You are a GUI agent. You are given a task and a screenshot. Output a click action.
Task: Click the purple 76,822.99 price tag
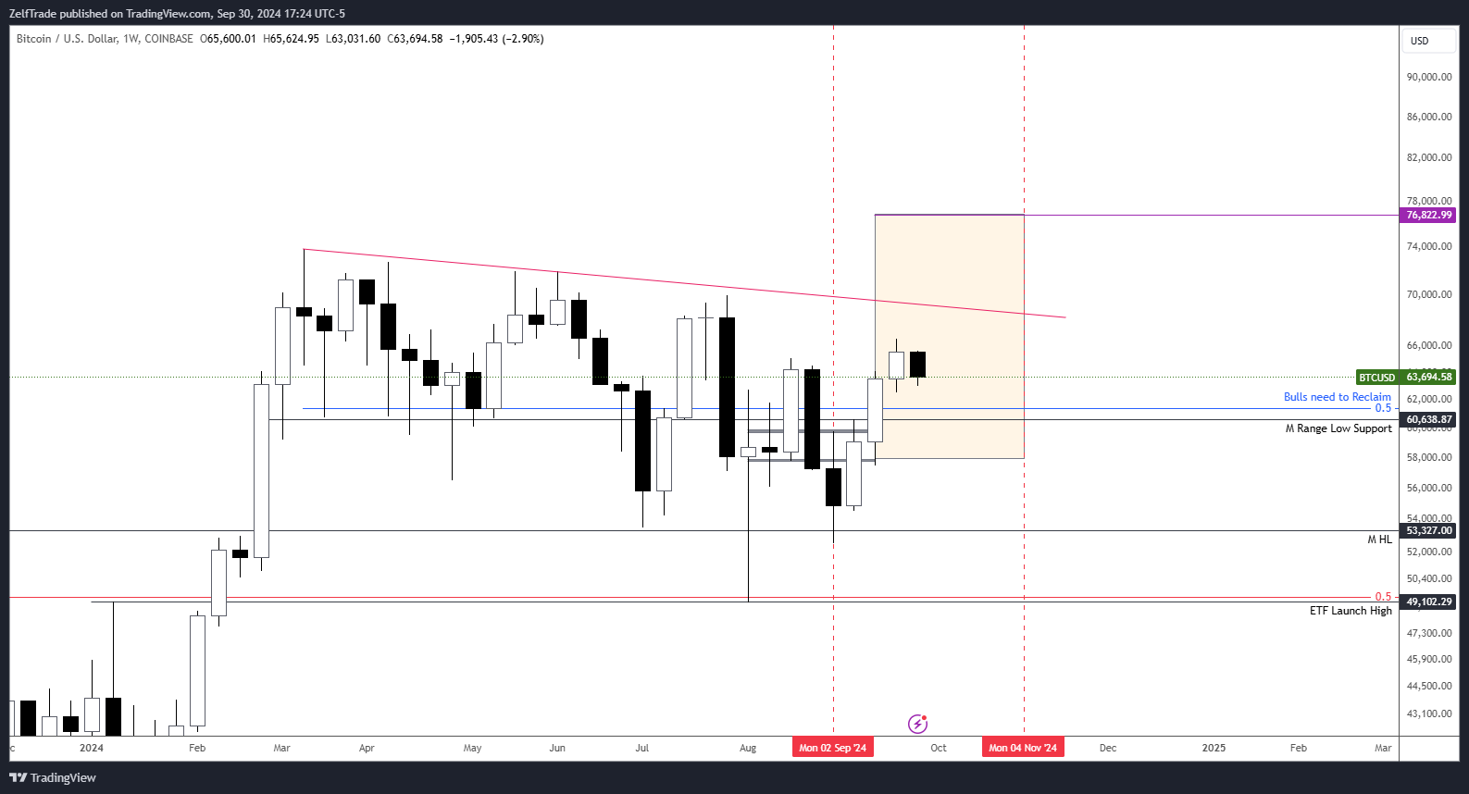coord(1428,215)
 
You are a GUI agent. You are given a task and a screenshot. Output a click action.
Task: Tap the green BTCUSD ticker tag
coord(1376,378)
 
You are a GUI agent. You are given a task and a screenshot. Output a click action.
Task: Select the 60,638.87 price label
coord(1428,419)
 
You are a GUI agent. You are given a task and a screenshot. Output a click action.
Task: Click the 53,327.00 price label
coord(1428,530)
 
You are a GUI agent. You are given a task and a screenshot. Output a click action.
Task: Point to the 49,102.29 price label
coord(1428,602)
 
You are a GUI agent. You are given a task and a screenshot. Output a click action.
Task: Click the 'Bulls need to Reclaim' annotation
coord(1337,397)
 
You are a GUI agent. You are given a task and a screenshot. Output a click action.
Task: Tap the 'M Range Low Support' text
coord(1338,428)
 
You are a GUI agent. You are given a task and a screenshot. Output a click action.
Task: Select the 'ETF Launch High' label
coord(1350,611)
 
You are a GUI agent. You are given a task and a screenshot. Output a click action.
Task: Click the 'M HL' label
coord(1379,540)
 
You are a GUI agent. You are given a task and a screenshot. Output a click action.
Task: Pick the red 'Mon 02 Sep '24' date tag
coord(832,748)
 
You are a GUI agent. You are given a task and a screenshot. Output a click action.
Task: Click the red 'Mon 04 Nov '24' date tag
coord(1022,748)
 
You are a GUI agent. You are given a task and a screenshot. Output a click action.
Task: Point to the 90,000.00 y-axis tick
coord(1428,77)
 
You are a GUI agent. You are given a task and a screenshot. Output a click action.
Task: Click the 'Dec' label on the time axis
coord(1107,748)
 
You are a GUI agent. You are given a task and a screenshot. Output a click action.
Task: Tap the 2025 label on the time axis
coord(1213,748)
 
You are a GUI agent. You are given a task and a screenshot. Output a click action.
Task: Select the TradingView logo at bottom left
coord(53,777)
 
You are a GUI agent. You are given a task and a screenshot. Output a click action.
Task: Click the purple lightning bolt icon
coord(917,724)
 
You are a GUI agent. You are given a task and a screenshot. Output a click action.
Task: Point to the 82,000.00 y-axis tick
coord(1428,157)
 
